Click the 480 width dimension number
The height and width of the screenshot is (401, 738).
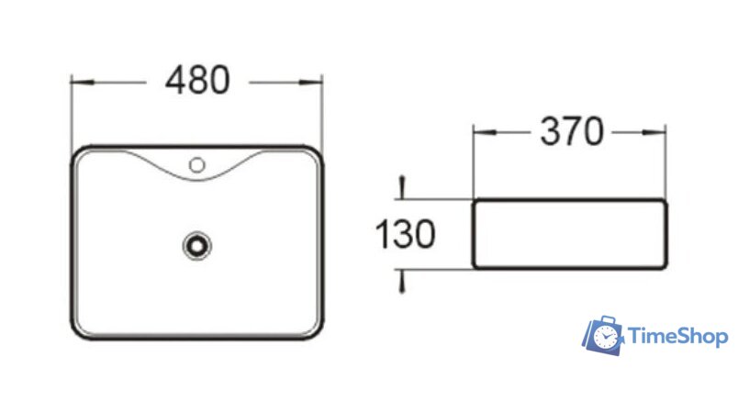pyautogui.click(x=196, y=82)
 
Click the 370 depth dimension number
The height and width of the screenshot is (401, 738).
pyautogui.click(x=571, y=133)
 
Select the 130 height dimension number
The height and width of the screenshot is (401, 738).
pyautogui.click(x=404, y=236)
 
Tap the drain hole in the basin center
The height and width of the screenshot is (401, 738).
pyautogui.click(x=196, y=245)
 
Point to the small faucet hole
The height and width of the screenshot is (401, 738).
pyautogui.click(x=196, y=165)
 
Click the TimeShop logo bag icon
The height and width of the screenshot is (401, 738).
pyautogui.click(x=603, y=337)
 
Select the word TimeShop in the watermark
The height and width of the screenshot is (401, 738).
pyautogui.click(x=677, y=338)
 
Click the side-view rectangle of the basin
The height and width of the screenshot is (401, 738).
pyautogui.click(x=569, y=234)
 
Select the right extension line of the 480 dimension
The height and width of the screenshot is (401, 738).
pyautogui.click(x=323, y=115)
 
